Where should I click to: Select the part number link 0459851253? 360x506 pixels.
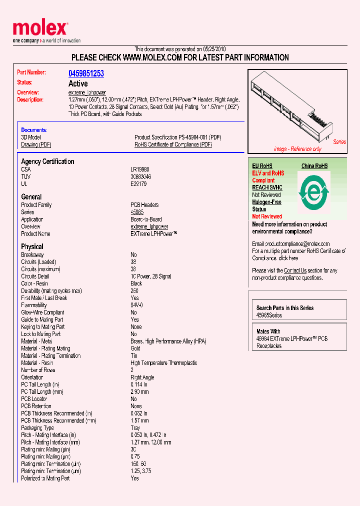86,73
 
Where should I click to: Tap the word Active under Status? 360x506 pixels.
78,83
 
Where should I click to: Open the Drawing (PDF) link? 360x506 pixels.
36,144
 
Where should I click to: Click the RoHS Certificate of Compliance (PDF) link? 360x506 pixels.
173,144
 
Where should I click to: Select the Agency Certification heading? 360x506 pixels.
47,161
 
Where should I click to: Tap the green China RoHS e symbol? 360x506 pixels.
313,191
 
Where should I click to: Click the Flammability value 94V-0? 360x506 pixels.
137,305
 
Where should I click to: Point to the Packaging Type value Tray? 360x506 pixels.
135,428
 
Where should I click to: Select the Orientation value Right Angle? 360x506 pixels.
142,377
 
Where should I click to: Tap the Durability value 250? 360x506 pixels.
135,290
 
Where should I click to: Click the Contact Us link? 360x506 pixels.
295,270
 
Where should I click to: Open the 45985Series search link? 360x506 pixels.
269,315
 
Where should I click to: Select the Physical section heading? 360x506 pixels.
32,246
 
